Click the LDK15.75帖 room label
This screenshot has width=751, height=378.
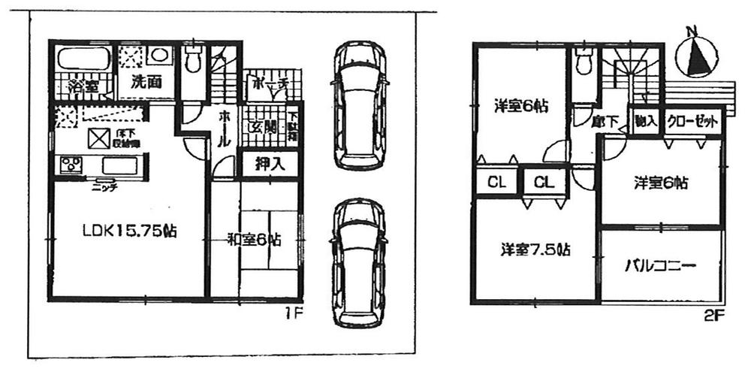129,232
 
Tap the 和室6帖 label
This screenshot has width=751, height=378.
255,240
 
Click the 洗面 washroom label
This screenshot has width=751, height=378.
148,83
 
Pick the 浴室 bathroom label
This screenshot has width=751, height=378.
82,85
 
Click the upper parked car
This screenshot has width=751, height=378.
360,105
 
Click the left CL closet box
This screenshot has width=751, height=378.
496,182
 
